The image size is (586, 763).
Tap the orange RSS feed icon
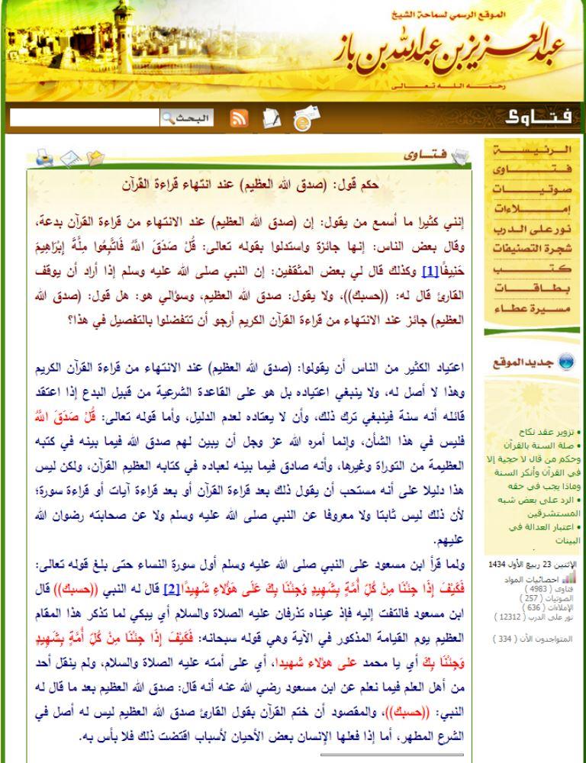click(x=239, y=118)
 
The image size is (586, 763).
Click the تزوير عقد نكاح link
click(x=549, y=431)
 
